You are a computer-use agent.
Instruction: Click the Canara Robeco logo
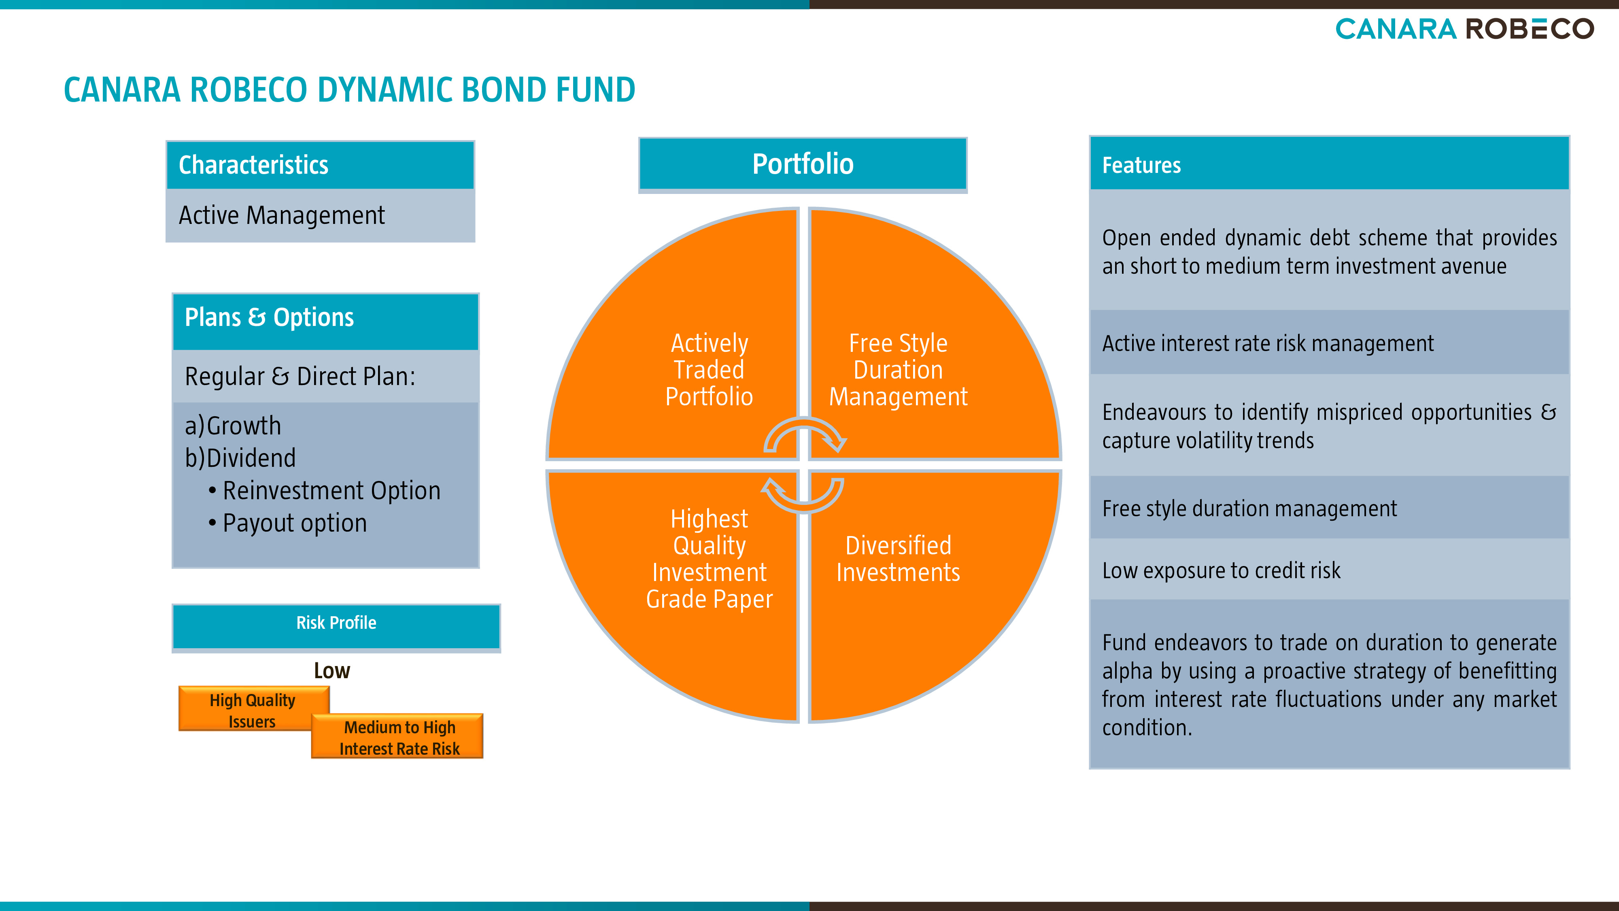(1464, 29)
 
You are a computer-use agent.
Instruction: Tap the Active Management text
(282, 215)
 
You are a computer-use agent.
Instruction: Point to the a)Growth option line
(233, 426)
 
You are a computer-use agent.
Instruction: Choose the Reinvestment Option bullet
(324, 490)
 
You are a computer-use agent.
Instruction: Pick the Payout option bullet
(287, 523)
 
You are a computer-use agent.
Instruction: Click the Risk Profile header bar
(336, 627)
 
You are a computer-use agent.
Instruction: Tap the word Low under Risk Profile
(332, 671)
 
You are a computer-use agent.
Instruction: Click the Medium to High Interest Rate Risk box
(397, 736)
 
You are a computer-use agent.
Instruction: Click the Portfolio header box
(803, 165)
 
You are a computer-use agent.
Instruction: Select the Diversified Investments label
(898, 558)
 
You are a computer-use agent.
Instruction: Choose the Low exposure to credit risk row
(1329, 570)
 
